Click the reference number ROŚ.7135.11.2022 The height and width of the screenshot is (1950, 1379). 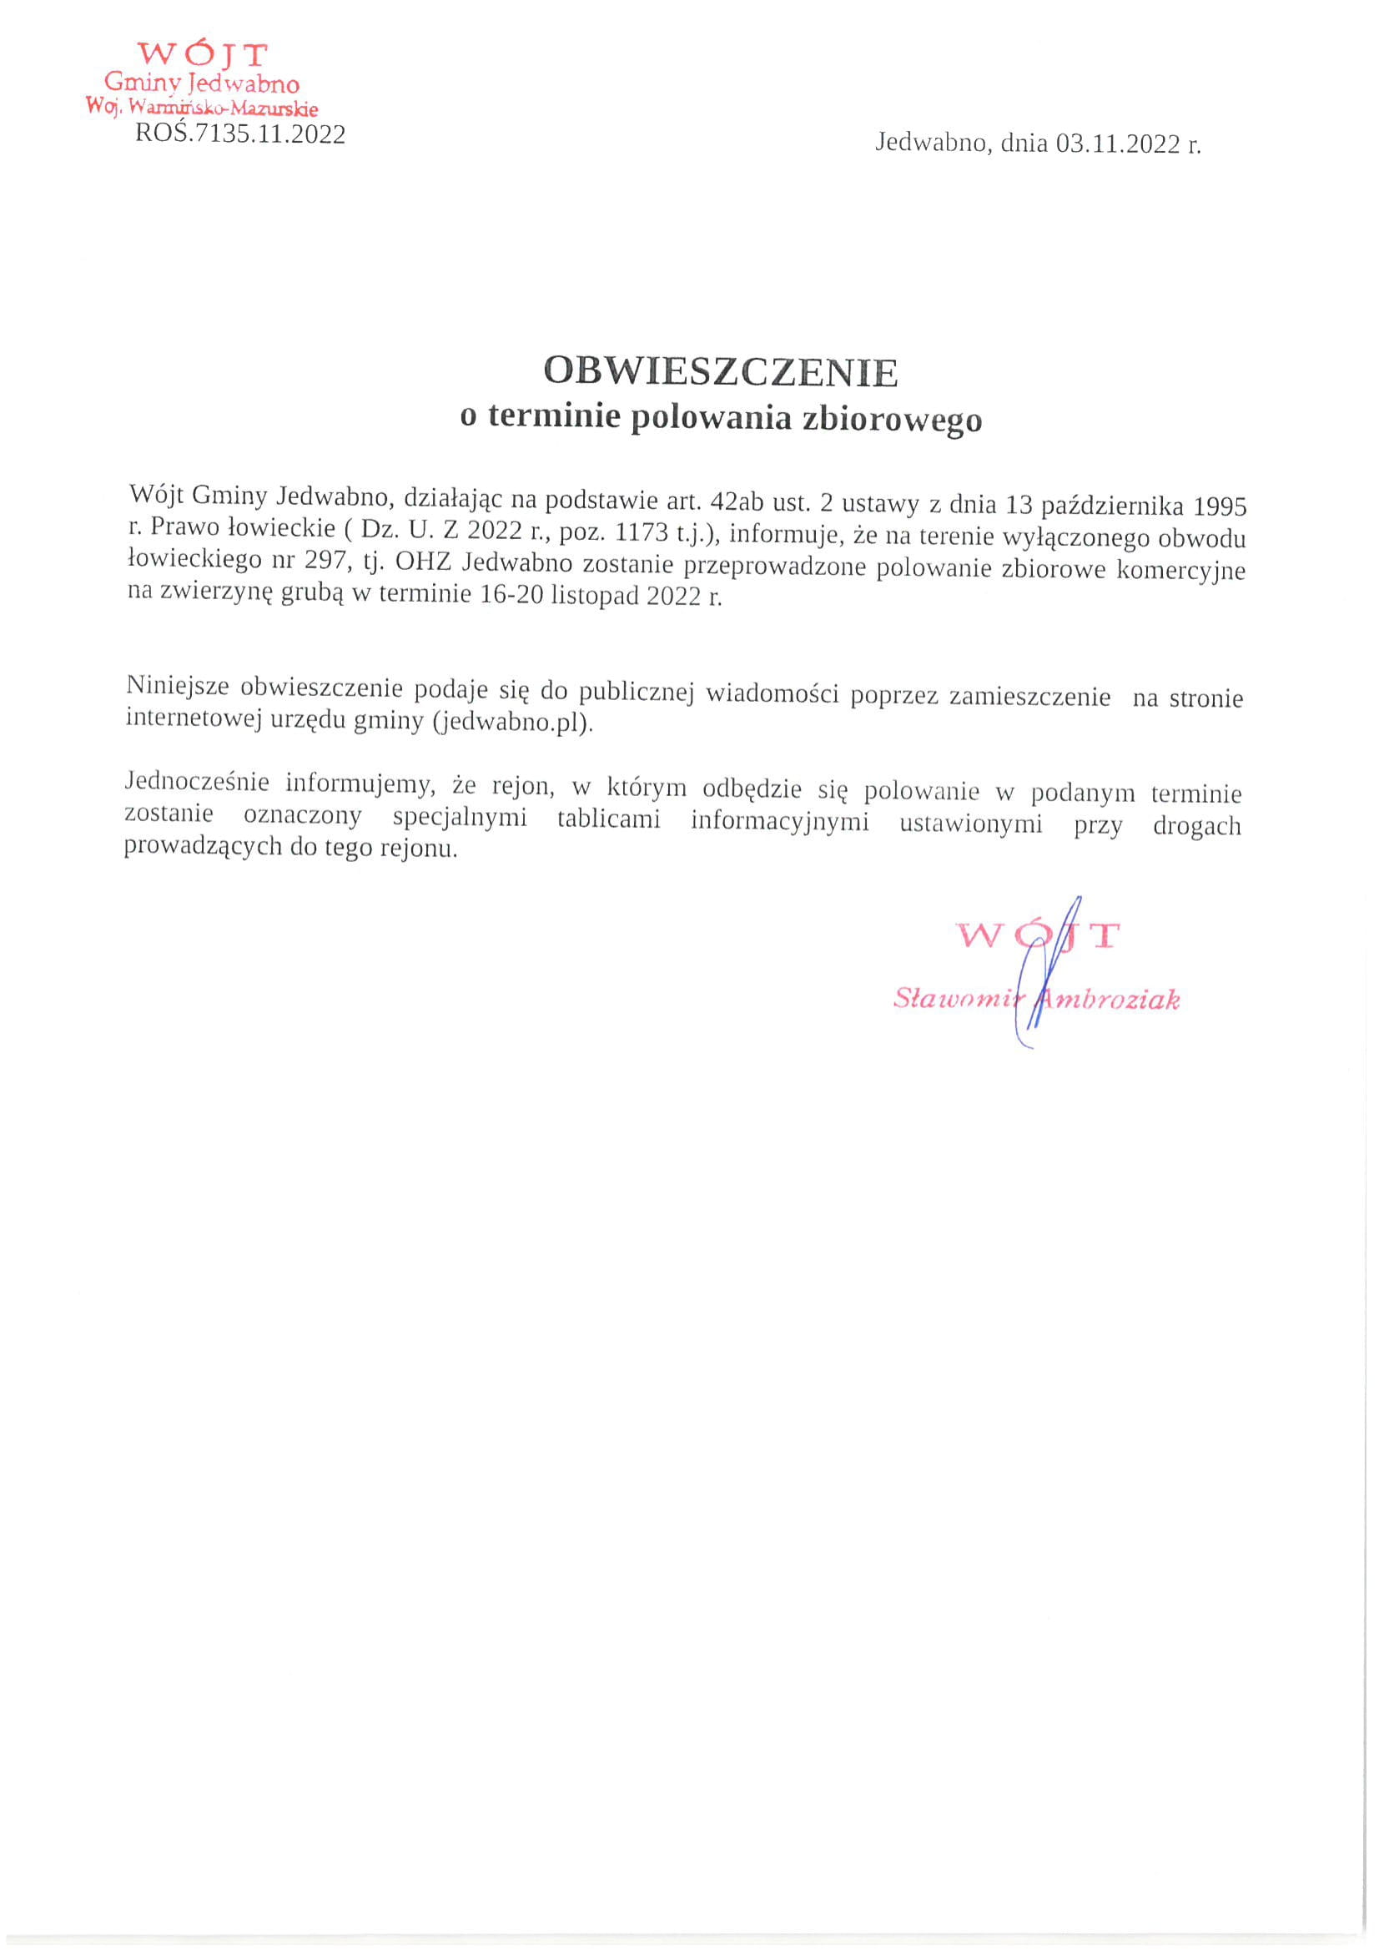(240, 134)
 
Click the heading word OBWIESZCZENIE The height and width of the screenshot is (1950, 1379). (720, 371)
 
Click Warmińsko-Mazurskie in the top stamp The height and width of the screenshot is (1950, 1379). (224, 108)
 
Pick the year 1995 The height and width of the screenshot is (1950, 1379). (1220, 507)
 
